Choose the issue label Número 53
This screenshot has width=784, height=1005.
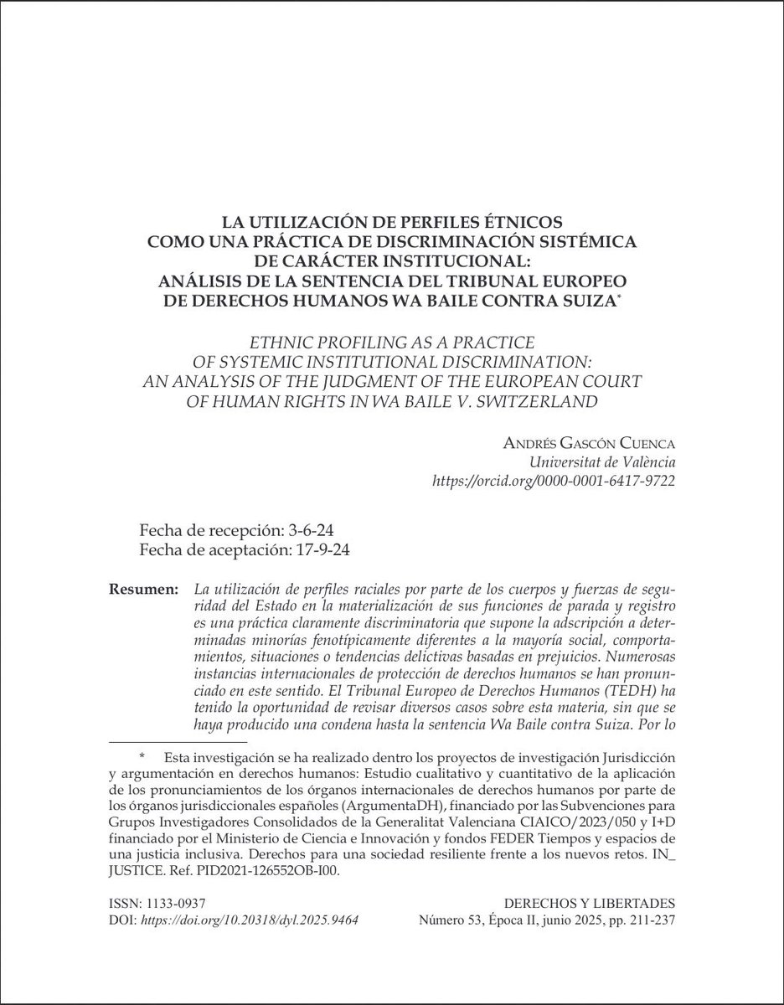449,918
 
